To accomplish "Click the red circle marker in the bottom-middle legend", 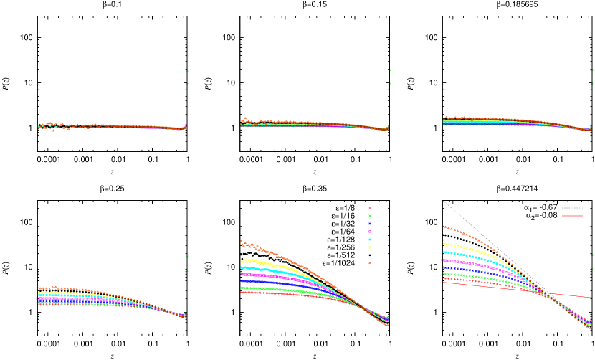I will coord(370,208).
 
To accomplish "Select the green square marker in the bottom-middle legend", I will coord(370,216).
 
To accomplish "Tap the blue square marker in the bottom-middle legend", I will coord(370,224).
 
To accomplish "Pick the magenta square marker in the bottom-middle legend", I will coord(370,232).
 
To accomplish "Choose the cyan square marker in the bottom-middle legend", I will coord(370,240).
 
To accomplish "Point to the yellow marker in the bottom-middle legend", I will coord(370,247).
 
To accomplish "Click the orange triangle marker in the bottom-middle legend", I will coord(370,263).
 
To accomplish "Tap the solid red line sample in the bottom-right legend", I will coord(572,215).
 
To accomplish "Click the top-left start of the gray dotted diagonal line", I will coord(444,202).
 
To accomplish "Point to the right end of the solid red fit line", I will coord(591,297).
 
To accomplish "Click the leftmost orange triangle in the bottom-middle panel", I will coord(241,241).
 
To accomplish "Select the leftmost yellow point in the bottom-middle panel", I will coord(241,261).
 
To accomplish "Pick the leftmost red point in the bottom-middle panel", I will coord(241,293).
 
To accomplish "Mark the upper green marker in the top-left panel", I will coord(187,70).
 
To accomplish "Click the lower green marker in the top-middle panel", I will coord(390,84).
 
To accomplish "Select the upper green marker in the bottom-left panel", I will coord(187,256).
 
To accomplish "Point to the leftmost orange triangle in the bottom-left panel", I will coord(37,288).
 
